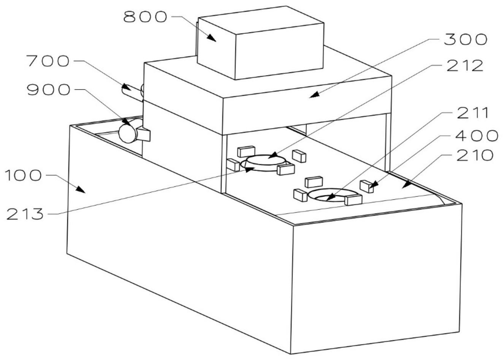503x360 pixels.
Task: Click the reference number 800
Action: coord(145,17)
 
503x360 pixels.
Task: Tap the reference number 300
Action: coord(465,40)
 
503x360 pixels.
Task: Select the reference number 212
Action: coord(464,66)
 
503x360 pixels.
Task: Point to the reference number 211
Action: coord(470,113)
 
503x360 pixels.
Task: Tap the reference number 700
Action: coord(47,61)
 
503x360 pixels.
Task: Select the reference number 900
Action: coord(48,90)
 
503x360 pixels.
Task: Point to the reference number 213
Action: coord(25,214)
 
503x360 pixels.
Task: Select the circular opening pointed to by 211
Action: coord(327,196)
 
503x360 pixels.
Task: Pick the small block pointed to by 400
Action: coord(366,186)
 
